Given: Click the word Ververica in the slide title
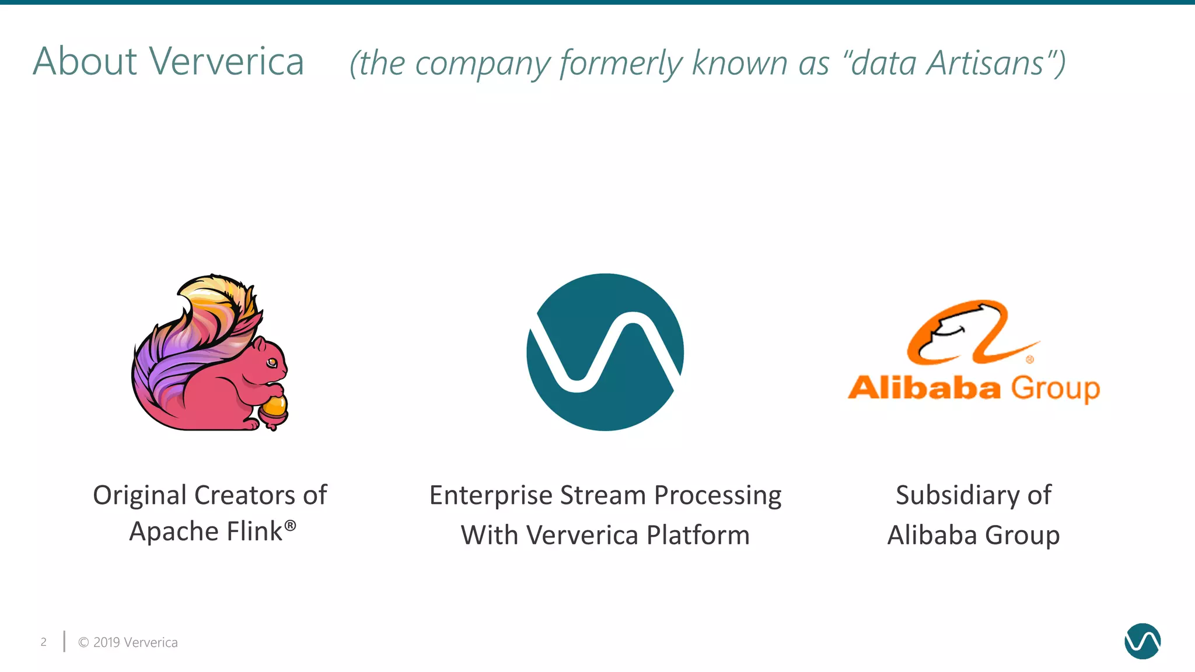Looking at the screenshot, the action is click(226, 61).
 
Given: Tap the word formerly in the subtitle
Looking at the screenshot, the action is click(621, 64).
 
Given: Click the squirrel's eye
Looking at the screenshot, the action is click(272, 363).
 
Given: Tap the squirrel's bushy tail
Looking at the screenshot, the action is click(193, 338).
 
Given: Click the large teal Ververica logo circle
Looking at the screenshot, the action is click(605, 352).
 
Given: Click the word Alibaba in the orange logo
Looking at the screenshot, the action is click(924, 388).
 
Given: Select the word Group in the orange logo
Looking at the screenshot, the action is click(1055, 388).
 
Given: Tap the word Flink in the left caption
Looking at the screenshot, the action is click(254, 531).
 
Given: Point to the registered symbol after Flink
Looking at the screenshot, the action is click(290, 526).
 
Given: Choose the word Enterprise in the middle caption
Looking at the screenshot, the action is click(491, 496).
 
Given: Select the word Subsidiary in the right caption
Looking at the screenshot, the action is click(957, 496).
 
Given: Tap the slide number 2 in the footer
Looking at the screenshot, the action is click(44, 642).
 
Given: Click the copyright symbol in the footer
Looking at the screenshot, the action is click(83, 642).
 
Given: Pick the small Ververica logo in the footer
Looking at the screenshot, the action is click(1142, 641).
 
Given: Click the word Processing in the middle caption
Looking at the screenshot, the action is click(718, 496).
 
